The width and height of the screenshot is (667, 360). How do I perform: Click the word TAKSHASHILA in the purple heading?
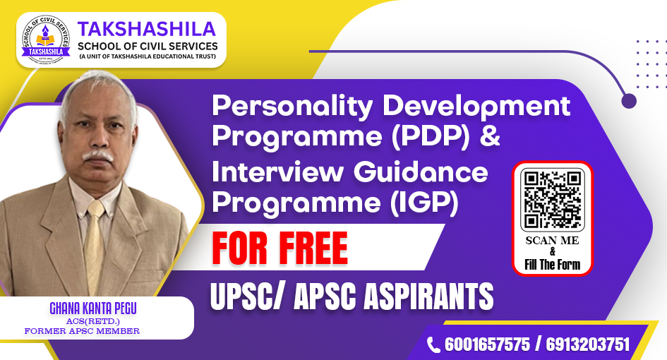147,29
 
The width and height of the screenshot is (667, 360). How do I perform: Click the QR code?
552,199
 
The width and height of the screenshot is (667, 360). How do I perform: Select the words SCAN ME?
552,241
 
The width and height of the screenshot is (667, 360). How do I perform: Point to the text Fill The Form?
552,265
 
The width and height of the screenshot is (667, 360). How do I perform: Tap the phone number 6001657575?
488,344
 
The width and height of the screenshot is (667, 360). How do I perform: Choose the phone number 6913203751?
587,344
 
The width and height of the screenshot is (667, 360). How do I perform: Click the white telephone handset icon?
433,344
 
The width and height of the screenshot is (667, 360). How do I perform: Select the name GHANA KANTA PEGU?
93,308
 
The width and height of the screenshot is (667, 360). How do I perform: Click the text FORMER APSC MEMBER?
82,330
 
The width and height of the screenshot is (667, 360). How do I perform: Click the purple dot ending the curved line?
629,101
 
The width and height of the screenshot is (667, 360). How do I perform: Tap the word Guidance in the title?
421,172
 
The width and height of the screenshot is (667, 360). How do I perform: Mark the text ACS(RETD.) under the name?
92,321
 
